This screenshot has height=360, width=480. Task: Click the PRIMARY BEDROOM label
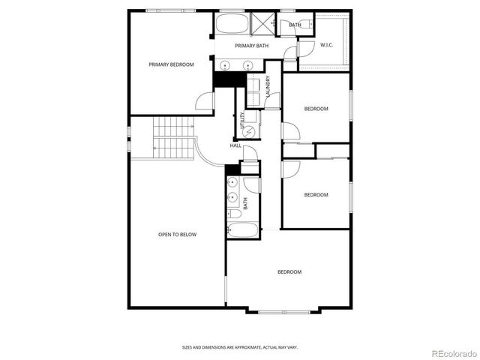click(171, 64)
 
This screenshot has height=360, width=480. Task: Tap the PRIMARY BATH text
click(251, 46)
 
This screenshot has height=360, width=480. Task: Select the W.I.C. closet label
click(327, 45)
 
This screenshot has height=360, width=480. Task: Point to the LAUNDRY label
click(268, 88)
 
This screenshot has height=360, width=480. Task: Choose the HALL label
click(235, 145)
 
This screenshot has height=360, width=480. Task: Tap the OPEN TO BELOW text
click(177, 235)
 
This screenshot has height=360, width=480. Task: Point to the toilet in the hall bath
click(232, 214)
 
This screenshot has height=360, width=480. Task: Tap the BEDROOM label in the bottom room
click(289, 271)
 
